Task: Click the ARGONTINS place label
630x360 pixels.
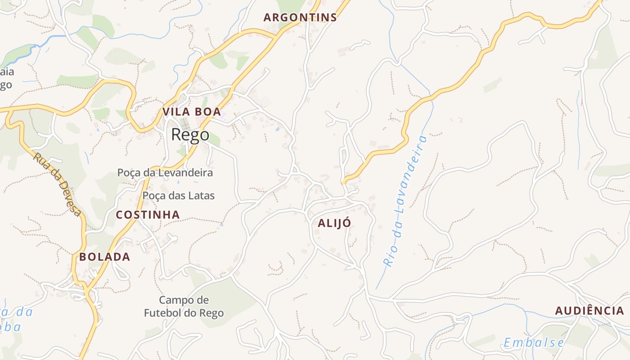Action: (300, 18)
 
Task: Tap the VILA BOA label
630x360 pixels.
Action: (192, 112)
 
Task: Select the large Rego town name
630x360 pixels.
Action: (190, 135)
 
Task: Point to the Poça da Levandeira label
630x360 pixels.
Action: (165, 172)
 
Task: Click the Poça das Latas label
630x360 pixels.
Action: (178, 195)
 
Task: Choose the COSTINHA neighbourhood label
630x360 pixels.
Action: (148, 215)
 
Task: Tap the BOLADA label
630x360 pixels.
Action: (104, 257)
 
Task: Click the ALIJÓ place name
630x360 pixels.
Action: (334, 223)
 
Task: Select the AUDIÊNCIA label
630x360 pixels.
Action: (589, 310)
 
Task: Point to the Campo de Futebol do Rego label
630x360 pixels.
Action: (184, 306)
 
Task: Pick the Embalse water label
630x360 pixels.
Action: (534, 343)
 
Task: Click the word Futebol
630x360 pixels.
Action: (162, 313)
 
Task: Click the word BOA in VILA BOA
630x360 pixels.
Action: (209, 112)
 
